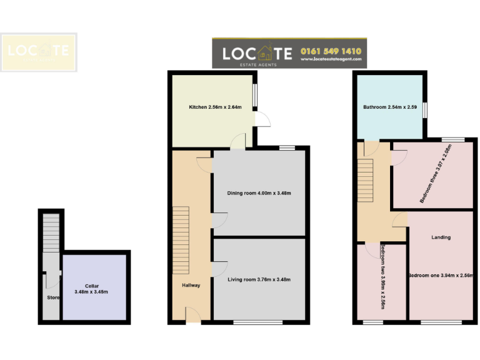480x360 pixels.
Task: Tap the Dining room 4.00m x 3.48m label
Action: [259, 193]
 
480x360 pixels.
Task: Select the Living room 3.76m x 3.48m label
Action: [259, 279]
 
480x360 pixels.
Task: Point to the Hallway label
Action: [191, 285]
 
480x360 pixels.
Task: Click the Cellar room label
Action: [92, 289]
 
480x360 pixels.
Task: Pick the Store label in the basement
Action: [52, 297]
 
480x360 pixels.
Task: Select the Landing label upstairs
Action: [441, 237]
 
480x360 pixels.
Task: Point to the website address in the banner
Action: [331, 59]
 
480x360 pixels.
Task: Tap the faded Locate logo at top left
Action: [38, 52]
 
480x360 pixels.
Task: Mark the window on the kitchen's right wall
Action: [255, 97]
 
